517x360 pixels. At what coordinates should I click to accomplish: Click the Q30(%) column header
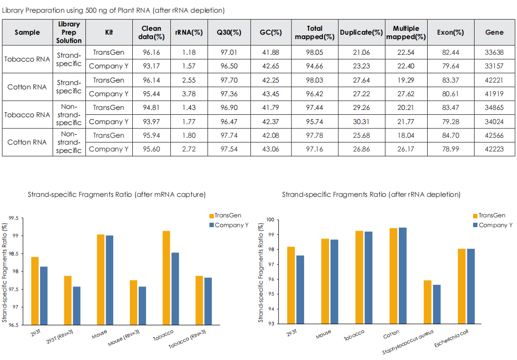pos(229,33)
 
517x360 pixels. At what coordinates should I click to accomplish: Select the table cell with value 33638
pos(494,52)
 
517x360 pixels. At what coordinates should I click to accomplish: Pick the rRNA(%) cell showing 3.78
pos(189,94)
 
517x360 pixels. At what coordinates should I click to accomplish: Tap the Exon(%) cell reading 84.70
pos(451,135)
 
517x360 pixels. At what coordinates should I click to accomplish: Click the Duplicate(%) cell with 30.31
pos(361,122)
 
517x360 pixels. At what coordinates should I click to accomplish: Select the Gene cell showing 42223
pos(494,149)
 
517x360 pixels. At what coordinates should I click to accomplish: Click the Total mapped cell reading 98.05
pos(315,52)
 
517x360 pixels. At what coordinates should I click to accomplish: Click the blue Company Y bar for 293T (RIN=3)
pos(76,306)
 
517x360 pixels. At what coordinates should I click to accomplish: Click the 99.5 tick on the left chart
pos(19,218)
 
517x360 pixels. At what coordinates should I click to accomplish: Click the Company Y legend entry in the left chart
pos(228,225)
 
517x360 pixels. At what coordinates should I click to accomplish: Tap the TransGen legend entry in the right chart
pos(488,215)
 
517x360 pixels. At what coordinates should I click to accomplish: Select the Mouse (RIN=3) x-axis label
pos(122,339)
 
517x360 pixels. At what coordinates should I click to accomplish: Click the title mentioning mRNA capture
pos(117,194)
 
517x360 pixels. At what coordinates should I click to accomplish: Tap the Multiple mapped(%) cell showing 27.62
pos(406,94)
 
